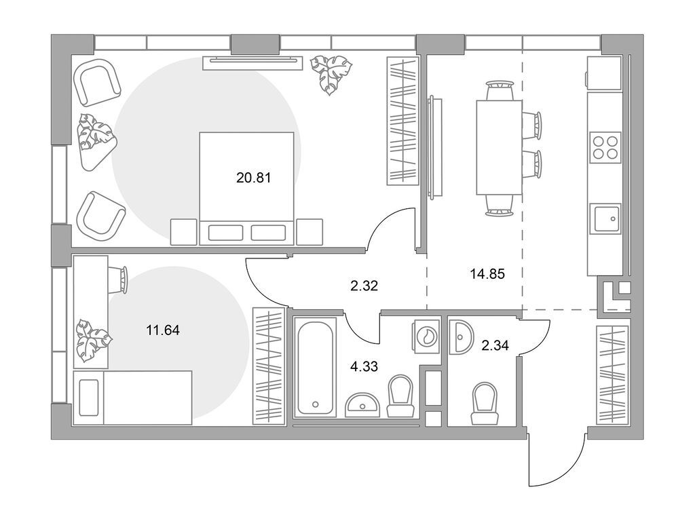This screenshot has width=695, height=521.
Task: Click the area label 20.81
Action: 254,178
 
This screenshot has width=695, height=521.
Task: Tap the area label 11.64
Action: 163,330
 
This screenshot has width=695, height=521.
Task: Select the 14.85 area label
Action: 487,274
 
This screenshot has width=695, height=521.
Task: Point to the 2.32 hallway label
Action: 364,286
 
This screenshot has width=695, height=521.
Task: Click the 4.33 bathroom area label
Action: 364,367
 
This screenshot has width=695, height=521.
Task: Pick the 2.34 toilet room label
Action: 495,345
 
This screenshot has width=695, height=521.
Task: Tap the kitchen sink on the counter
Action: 607,218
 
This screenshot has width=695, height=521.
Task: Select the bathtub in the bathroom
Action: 315,367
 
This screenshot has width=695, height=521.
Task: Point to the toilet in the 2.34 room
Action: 485,404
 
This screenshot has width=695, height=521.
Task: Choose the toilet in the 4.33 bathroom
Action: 400,395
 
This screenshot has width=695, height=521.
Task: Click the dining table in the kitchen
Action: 499,147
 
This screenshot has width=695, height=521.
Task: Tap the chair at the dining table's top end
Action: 500,91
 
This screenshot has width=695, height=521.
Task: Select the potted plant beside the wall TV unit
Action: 331,74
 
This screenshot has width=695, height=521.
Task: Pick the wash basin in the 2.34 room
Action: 461,336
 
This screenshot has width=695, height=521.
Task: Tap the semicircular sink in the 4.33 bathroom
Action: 362,404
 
